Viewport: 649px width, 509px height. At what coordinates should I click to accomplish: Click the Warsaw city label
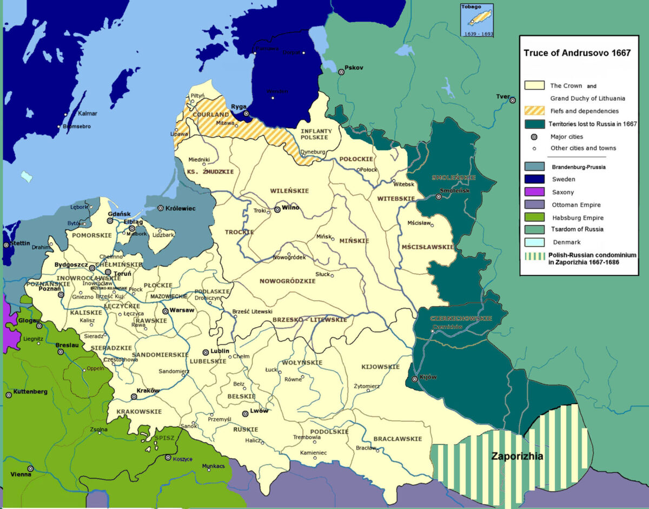click(182, 310)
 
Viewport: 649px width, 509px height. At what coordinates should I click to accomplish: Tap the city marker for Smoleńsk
click(439, 197)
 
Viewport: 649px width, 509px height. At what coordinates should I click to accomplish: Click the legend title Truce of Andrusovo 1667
click(577, 54)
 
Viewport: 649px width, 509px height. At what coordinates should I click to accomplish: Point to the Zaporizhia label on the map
click(516, 456)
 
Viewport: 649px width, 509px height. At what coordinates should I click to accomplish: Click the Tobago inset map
click(476, 20)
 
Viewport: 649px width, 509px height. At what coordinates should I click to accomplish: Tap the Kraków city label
click(148, 391)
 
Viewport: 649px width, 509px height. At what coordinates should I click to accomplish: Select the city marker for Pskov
click(341, 72)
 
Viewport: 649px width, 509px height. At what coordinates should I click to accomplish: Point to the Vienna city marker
click(31, 468)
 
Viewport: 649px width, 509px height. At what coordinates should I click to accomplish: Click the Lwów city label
click(259, 411)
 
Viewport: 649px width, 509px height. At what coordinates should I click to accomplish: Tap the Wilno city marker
click(277, 209)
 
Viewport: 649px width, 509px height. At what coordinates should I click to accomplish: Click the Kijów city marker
click(414, 379)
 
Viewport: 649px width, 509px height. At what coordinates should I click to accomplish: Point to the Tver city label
click(503, 97)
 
